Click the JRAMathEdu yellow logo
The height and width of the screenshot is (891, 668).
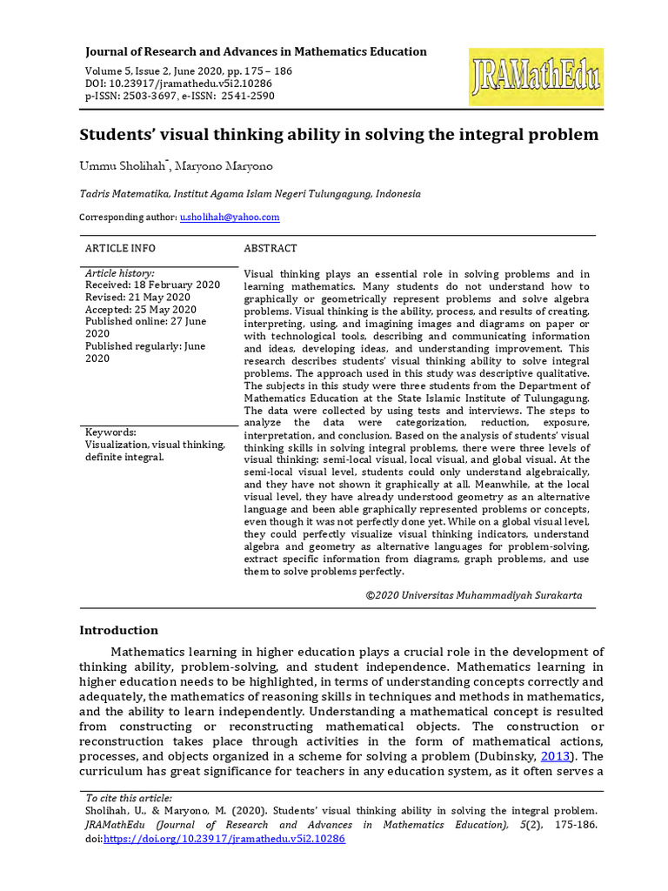[536, 77]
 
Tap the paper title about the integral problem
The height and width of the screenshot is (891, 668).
[339, 135]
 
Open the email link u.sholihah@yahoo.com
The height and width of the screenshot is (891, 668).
[230, 217]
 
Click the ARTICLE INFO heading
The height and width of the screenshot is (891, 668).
[120, 248]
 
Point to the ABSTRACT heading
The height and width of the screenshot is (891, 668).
[271, 248]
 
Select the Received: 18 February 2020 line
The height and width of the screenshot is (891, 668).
[152, 285]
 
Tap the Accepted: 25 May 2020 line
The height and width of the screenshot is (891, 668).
[141, 309]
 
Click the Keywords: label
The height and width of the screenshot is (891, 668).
[110, 432]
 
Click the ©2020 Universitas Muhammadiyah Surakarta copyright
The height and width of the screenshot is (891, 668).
[474, 595]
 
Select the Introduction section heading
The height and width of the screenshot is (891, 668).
[119, 630]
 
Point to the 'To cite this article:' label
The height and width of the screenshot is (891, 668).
[129, 798]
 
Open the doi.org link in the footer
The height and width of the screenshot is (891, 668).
[224, 839]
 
